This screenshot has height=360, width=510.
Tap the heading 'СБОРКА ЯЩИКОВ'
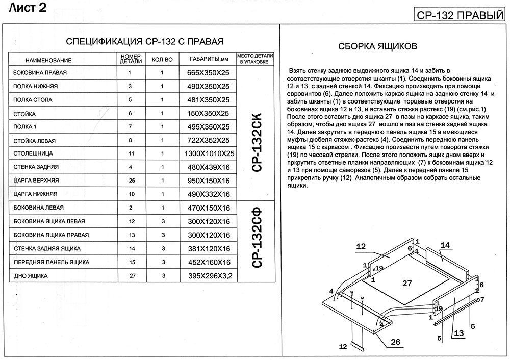(378, 46)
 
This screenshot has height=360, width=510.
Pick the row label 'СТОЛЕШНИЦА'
(34, 153)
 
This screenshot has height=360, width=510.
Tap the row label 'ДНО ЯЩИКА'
(31, 276)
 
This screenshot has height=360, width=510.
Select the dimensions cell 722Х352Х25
(208, 140)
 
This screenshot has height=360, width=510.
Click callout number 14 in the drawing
(445, 245)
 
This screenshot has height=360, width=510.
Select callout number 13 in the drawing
(458, 333)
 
